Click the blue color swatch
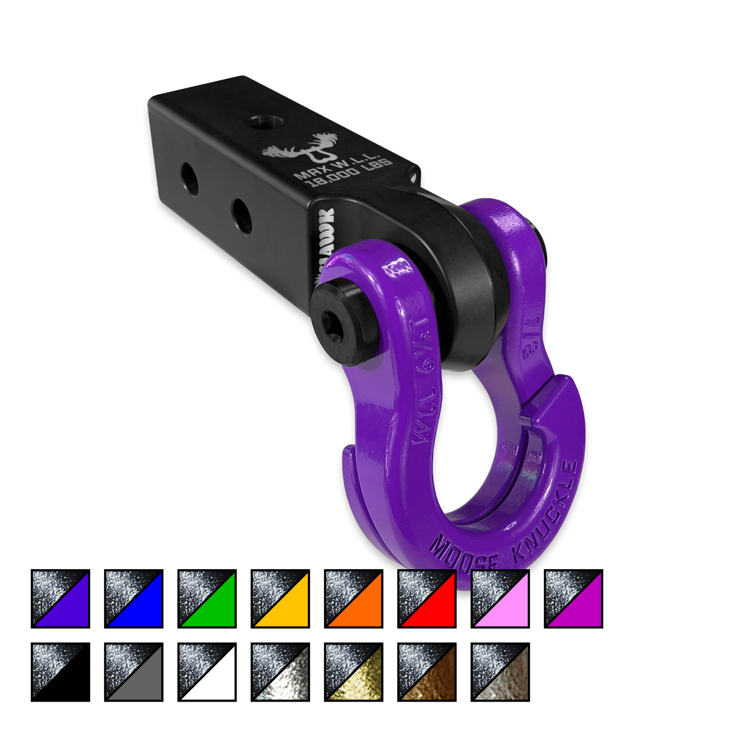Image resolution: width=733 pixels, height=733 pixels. [134, 599]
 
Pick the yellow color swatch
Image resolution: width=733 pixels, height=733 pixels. [281, 599]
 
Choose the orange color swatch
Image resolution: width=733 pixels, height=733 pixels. [354, 599]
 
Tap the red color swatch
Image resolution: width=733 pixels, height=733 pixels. [427, 599]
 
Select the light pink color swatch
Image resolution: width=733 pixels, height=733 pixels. [500, 599]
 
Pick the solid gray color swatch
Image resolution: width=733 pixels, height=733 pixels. [134, 672]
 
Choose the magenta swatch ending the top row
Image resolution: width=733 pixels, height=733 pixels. [574, 599]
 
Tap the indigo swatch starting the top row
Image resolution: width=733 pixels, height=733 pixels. [60, 599]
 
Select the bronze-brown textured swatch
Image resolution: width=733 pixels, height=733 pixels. [427, 672]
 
